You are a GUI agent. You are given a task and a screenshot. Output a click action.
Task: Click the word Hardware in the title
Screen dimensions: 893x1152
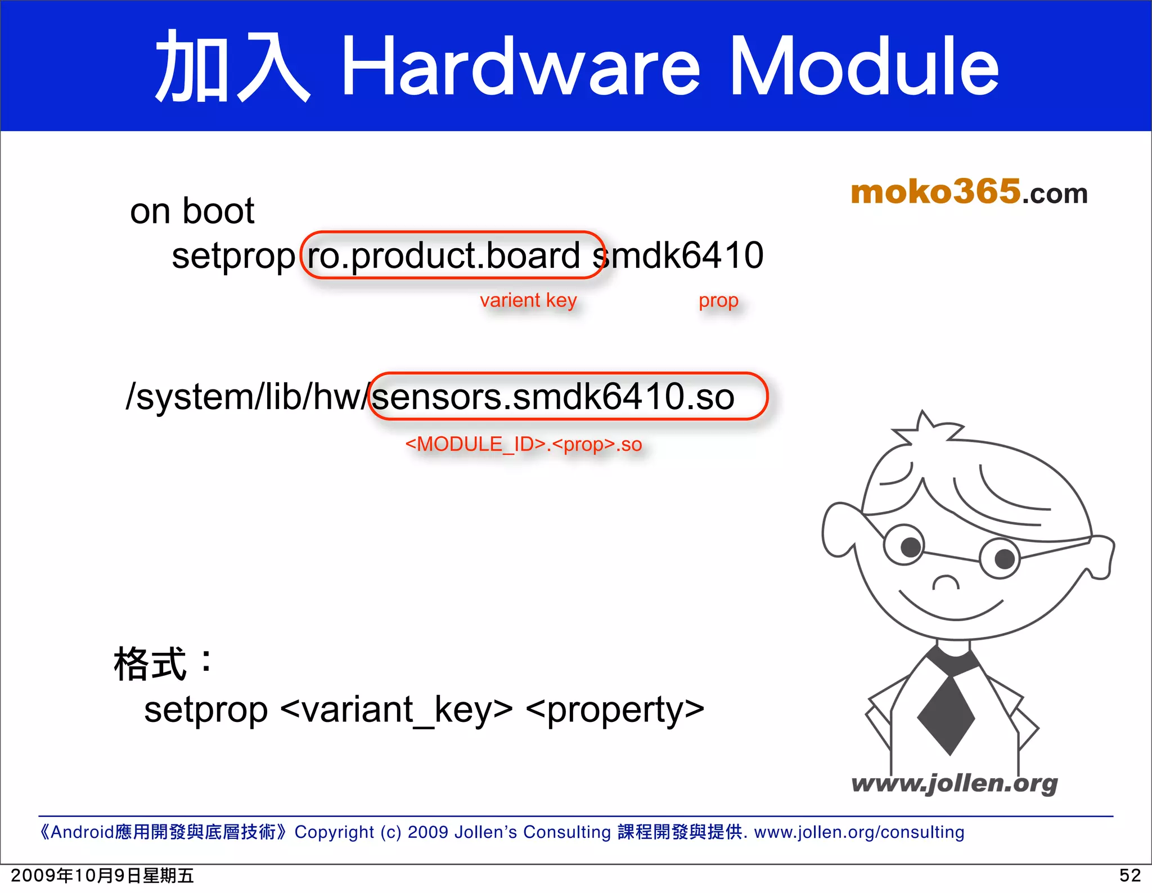click(520, 66)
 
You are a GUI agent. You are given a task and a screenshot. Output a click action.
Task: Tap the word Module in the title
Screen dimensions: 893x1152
click(863, 66)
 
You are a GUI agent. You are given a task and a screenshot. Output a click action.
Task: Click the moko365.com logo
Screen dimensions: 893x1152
click(969, 192)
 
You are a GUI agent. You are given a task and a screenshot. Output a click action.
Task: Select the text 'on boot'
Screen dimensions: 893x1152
click(192, 212)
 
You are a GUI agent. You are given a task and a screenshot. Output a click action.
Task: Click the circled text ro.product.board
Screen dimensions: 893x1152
click(443, 256)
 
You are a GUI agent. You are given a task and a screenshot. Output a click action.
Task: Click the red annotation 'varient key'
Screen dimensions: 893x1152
click(528, 300)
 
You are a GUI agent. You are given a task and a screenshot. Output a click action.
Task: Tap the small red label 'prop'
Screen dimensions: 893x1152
click(718, 300)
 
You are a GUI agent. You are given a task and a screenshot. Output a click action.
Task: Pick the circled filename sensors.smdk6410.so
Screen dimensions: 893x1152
click(553, 397)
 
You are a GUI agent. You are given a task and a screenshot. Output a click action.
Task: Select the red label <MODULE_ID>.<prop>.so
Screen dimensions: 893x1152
click(523, 445)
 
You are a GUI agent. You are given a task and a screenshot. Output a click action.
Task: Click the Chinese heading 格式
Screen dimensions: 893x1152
click(150, 664)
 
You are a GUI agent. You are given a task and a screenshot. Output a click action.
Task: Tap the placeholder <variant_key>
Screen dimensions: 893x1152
click(396, 710)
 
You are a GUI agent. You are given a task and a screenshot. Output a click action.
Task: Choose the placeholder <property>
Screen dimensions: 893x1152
click(615, 710)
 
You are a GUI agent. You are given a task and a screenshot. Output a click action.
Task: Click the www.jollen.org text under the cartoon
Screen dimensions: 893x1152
click(954, 783)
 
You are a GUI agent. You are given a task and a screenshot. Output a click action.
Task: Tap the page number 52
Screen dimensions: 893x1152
click(1129, 876)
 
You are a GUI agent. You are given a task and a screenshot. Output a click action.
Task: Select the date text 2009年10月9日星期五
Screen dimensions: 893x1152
click(102, 876)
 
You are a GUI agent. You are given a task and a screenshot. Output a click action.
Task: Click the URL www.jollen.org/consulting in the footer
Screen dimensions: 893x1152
click(859, 832)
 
